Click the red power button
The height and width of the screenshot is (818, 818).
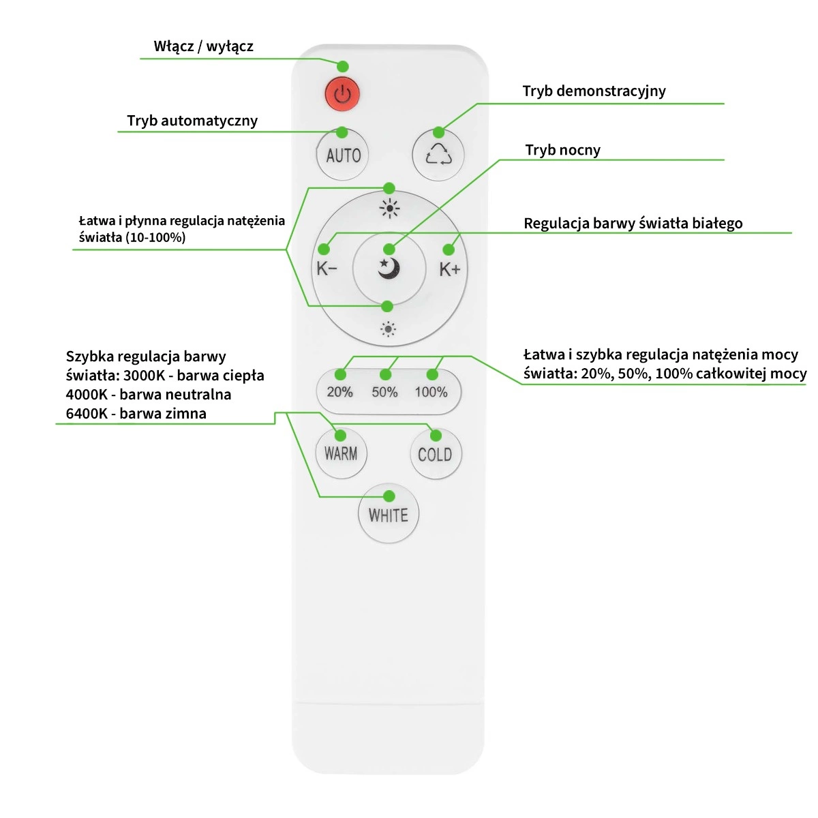pyautogui.click(x=342, y=94)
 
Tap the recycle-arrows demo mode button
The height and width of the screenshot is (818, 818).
pyautogui.click(x=438, y=155)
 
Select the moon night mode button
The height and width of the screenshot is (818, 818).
pyautogui.click(x=389, y=269)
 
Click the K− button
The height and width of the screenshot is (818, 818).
pyautogui.click(x=327, y=269)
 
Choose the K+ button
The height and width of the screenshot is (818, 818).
pyautogui.click(x=450, y=269)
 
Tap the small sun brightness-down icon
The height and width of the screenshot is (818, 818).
pyautogui.click(x=388, y=330)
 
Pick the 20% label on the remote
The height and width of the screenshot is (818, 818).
pyautogui.click(x=339, y=392)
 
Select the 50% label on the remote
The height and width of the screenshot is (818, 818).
pyautogui.click(x=384, y=392)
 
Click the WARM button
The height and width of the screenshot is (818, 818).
pyautogui.click(x=341, y=454)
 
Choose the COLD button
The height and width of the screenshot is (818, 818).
pyautogui.click(x=435, y=455)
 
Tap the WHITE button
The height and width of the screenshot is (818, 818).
pyautogui.click(x=389, y=515)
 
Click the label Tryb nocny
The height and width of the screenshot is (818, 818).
pyautogui.click(x=562, y=150)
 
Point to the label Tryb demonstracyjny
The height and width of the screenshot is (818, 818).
pyautogui.click(x=594, y=91)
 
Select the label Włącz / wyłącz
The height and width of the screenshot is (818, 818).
pyautogui.click(x=203, y=46)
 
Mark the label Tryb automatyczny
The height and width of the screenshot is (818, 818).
pyautogui.click(x=192, y=121)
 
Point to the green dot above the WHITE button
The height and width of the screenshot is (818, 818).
pyautogui.click(x=389, y=496)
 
